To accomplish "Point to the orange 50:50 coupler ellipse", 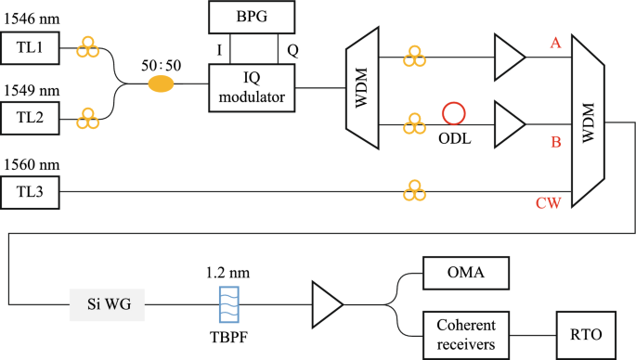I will click(162, 84).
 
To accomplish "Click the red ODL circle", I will click(453, 113).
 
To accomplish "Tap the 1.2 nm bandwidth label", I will click(227, 274).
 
